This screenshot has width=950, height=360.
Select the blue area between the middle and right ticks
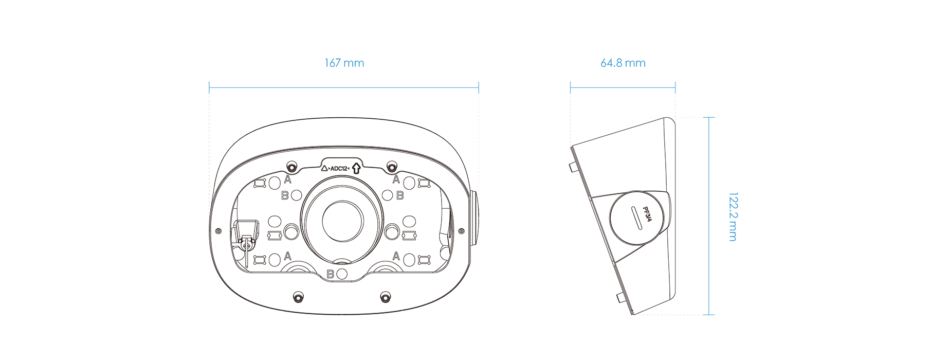point(622,77)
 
